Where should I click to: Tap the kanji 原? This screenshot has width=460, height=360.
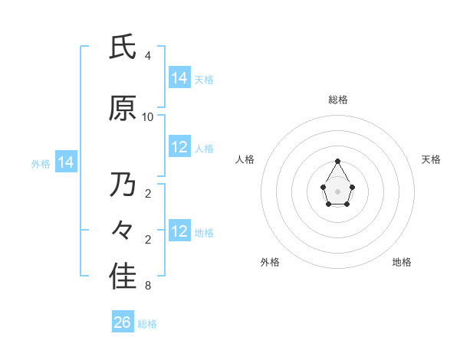point(123,109)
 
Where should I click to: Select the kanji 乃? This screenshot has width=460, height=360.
point(123,185)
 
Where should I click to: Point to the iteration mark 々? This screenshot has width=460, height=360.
point(123,229)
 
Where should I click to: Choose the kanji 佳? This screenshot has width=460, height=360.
point(123,277)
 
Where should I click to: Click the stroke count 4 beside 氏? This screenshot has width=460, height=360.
point(147,56)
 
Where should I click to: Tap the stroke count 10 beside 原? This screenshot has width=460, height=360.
point(148,117)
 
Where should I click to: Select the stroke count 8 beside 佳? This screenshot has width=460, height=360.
point(147,286)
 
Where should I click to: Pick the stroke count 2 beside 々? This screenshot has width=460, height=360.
point(147,240)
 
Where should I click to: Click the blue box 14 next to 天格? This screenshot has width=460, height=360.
point(179,78)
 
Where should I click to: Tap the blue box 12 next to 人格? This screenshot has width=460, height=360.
point(179,147)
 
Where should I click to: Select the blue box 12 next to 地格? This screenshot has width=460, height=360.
point(179,231)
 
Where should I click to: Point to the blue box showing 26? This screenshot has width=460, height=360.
point(123,322)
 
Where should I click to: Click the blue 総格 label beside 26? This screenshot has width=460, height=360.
point(147,324)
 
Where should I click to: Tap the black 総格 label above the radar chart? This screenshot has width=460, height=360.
point(338,100)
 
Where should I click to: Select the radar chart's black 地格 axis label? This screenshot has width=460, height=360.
point(402,262)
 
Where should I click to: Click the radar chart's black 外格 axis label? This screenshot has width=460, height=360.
point(270,262)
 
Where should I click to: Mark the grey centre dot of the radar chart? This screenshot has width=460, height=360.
point(337,190)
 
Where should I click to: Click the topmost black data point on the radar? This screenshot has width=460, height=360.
point(337,161)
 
